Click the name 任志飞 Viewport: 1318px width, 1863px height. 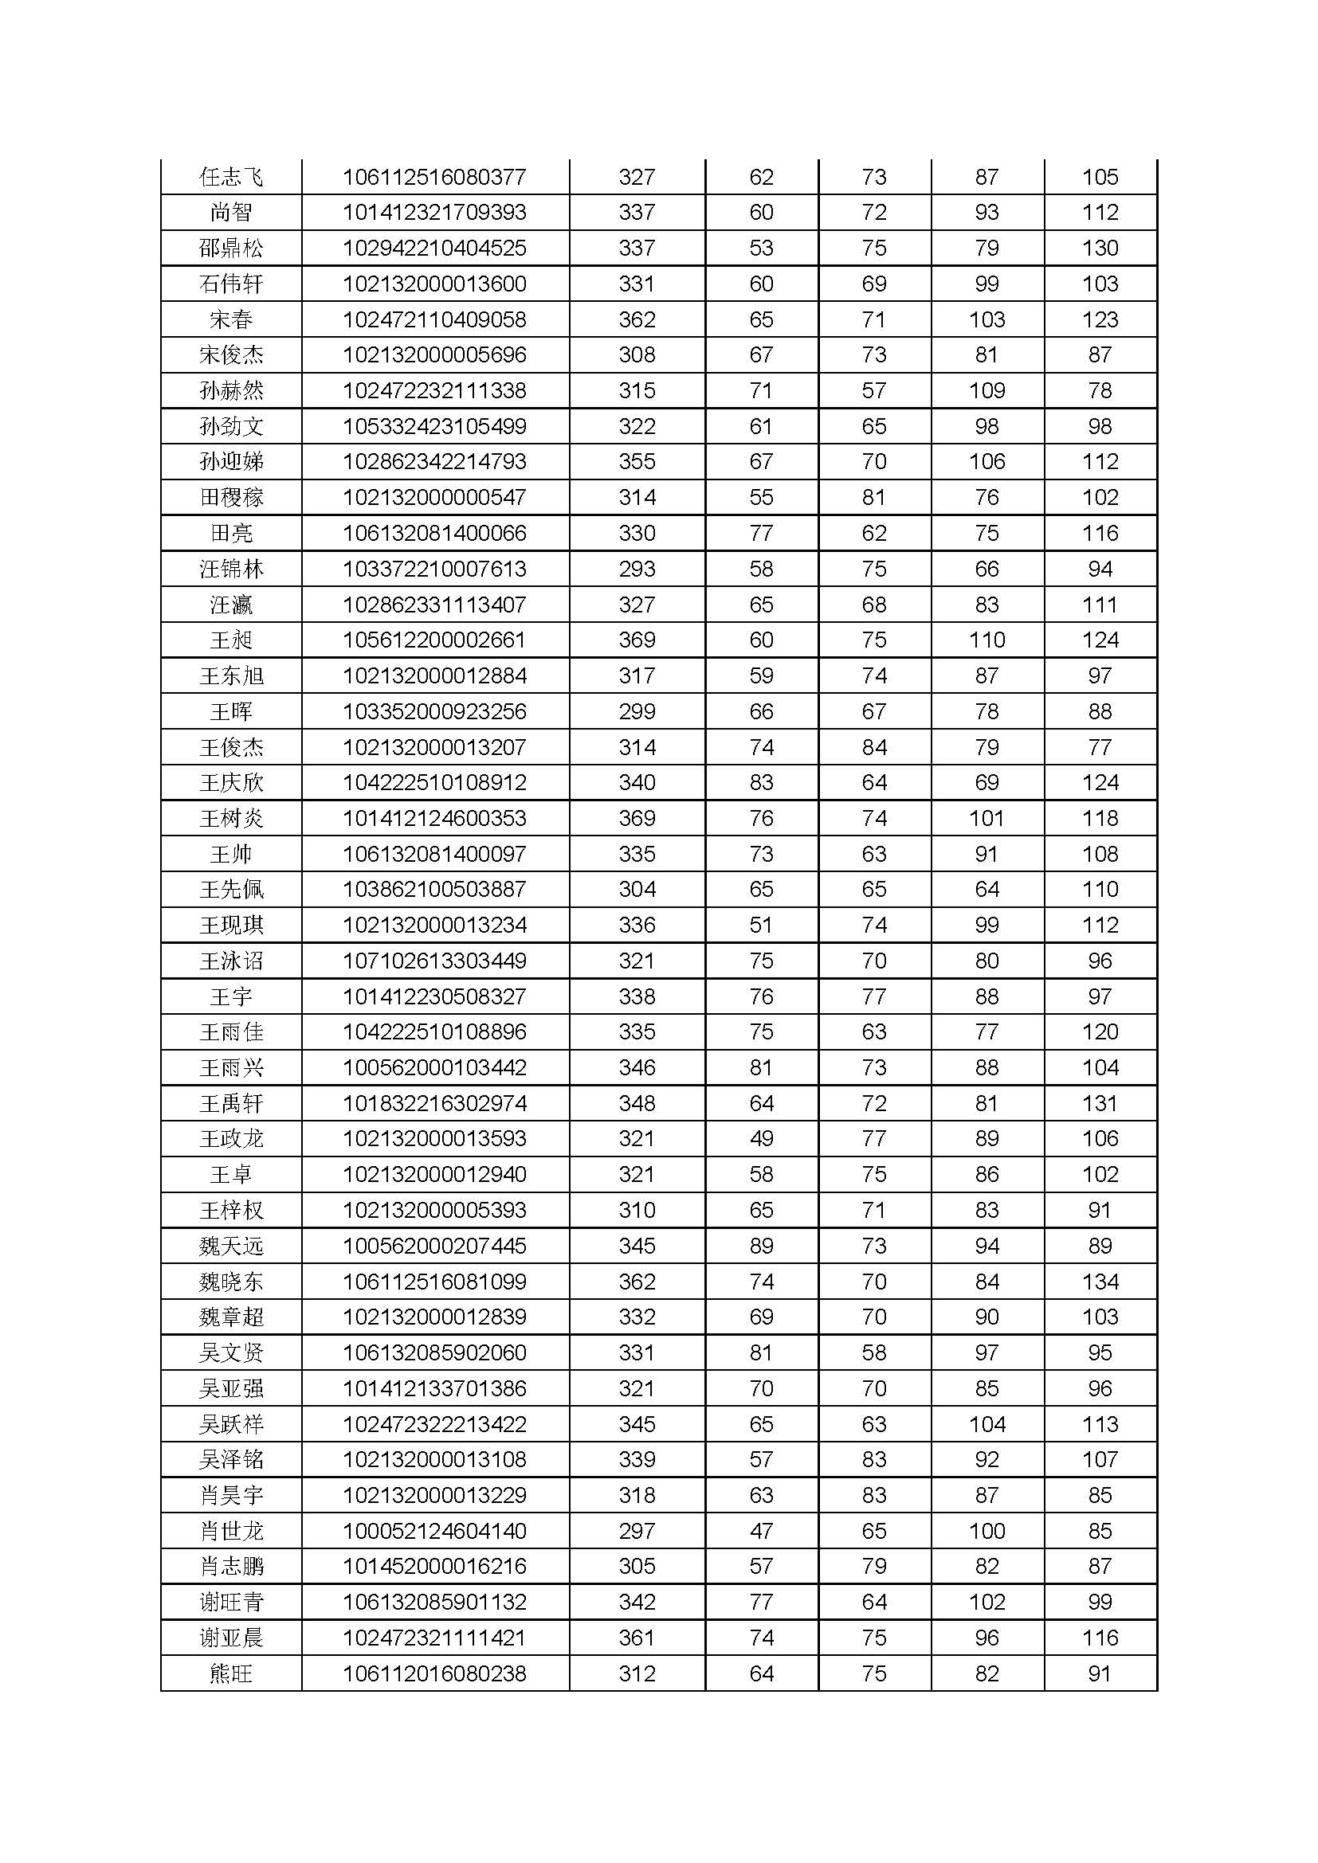(231, 177)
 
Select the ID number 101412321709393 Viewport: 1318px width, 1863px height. (434, 213)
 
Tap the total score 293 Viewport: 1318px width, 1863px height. (637, 569)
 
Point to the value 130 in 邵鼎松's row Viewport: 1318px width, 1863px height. (1100, 249)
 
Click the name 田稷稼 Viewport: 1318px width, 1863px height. (231, 497)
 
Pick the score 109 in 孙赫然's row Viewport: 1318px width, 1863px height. (987, 391)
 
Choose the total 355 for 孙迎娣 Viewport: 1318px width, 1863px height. (637, 462)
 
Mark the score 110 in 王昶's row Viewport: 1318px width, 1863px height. (987, 640)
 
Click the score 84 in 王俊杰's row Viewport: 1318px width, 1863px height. (874, 747)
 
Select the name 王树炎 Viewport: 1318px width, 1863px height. (231, 819)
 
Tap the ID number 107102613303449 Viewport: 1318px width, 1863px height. (434, 961)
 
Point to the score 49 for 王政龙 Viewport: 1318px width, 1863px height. (761, 1139)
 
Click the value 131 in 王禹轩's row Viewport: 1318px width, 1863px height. (1100, 1103)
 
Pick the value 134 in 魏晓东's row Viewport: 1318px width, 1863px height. (1100, 1282)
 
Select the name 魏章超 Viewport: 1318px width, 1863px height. (231, 1317)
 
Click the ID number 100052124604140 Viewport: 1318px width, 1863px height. (434, 1531)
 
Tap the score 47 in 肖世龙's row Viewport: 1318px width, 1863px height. (761, 1531)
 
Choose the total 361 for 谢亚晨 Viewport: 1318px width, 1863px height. (637, 1638)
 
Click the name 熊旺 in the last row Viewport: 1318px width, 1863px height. (231, 1674)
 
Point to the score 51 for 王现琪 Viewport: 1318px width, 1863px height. (761, 926)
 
